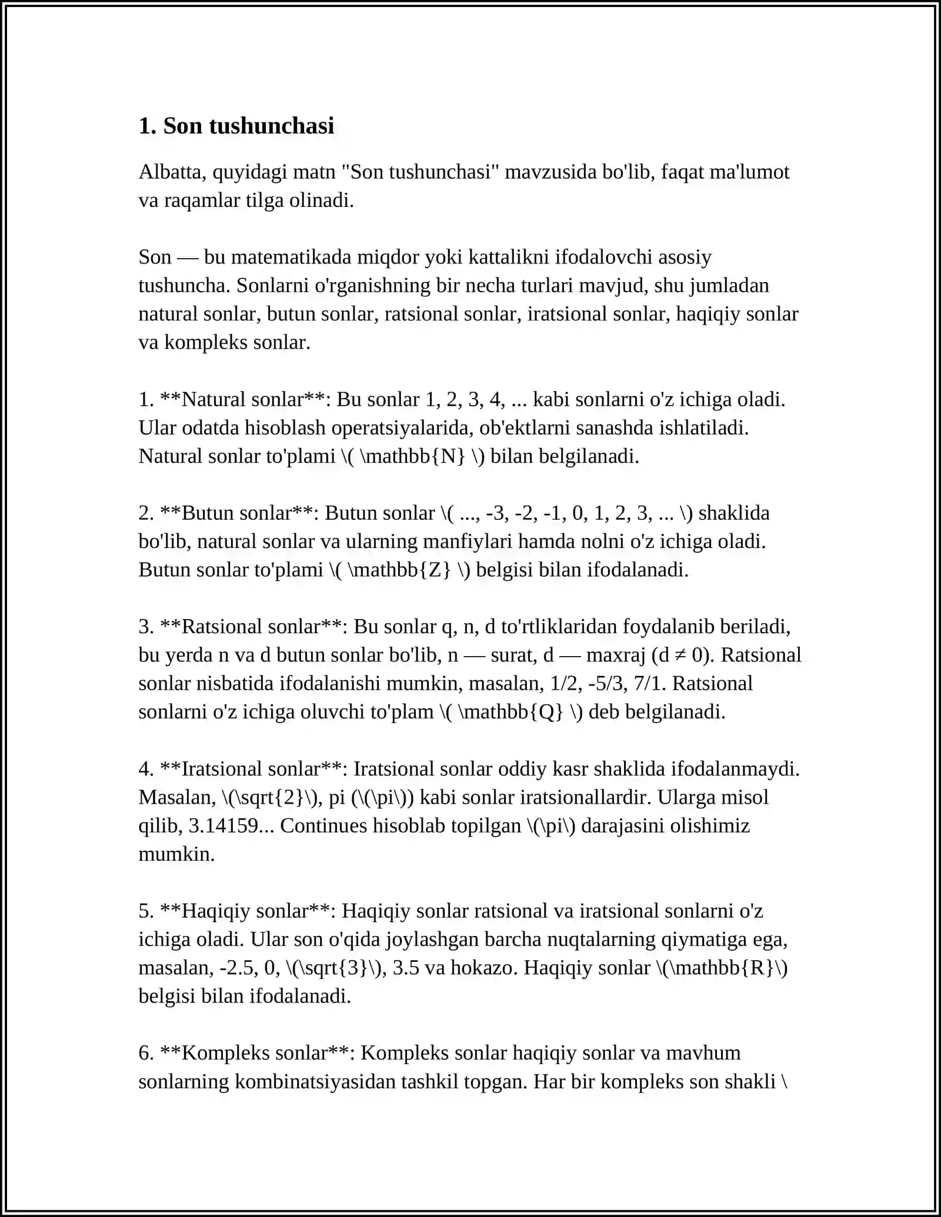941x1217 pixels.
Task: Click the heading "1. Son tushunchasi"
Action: pyautogui.click(x=236, y=126)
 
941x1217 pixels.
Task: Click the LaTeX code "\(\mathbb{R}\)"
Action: pyautogui.click(x=722, y=968)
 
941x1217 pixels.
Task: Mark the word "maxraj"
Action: pyautogui.click(x=616, y=656)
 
